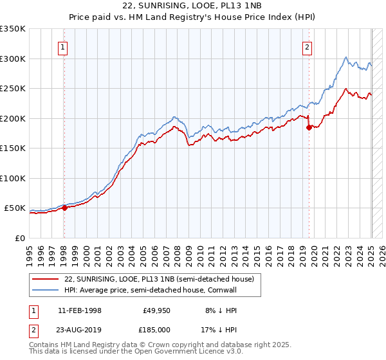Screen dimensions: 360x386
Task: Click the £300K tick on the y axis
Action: (x=13, y=59)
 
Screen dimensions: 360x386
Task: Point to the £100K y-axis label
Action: (x=13, y=178)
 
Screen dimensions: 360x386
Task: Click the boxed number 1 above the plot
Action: (x=63, y=46)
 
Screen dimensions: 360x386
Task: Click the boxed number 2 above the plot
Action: (x=308, y=46)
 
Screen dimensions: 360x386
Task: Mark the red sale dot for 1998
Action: (x=64, y=208)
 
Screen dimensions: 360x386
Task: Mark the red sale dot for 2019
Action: (x=309, y=127)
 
